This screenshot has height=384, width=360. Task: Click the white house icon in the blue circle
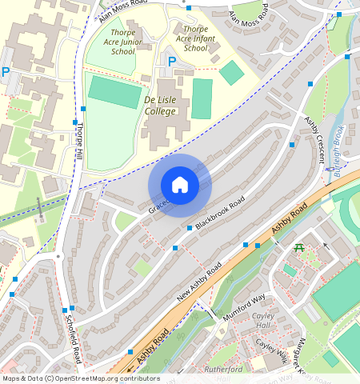(180, 186)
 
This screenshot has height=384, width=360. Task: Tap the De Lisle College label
(160, 105)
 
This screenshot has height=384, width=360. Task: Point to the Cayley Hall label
(263, 321)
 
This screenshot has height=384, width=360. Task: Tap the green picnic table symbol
(299, 247)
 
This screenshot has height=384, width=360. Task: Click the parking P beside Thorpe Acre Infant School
(170, 62)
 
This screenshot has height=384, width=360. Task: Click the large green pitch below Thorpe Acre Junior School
(114, 92)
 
